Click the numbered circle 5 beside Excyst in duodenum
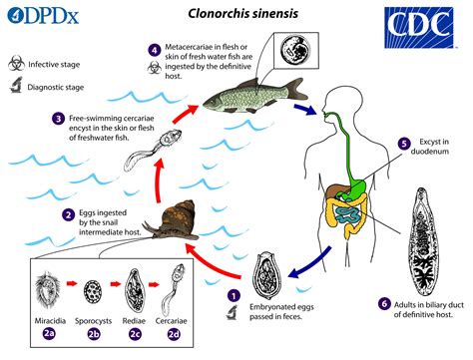point(403,144)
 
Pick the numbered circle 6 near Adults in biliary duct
point(384,303)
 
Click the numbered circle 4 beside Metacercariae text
point(154,50)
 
